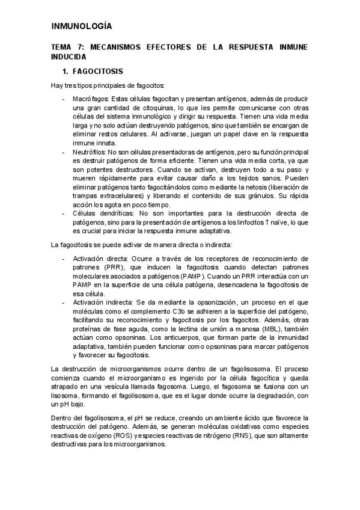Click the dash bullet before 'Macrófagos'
tap(64, 99)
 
